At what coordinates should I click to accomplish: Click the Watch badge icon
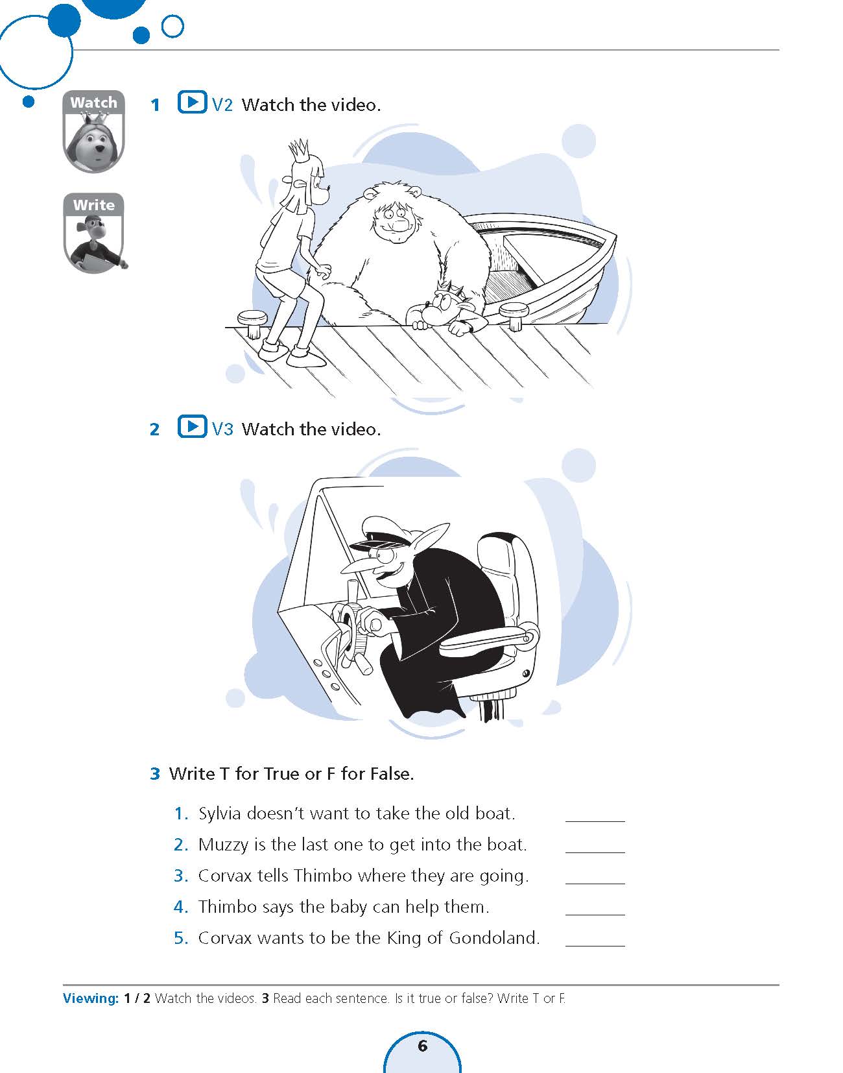(93, 131)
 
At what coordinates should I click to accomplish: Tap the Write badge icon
(94, 233)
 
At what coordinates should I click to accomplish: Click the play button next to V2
(192, 102)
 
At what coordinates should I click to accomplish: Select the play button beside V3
(192, 426)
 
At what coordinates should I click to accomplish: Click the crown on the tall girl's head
(299, 150)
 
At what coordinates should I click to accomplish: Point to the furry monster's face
(393, 223)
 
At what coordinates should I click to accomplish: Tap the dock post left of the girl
(252, 323)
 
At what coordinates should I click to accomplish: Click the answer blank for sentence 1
(595, 821)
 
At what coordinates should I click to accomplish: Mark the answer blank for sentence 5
(595, 945)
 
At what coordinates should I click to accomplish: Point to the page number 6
(423, 1045)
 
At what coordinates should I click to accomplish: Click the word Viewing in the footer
(91, 998)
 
